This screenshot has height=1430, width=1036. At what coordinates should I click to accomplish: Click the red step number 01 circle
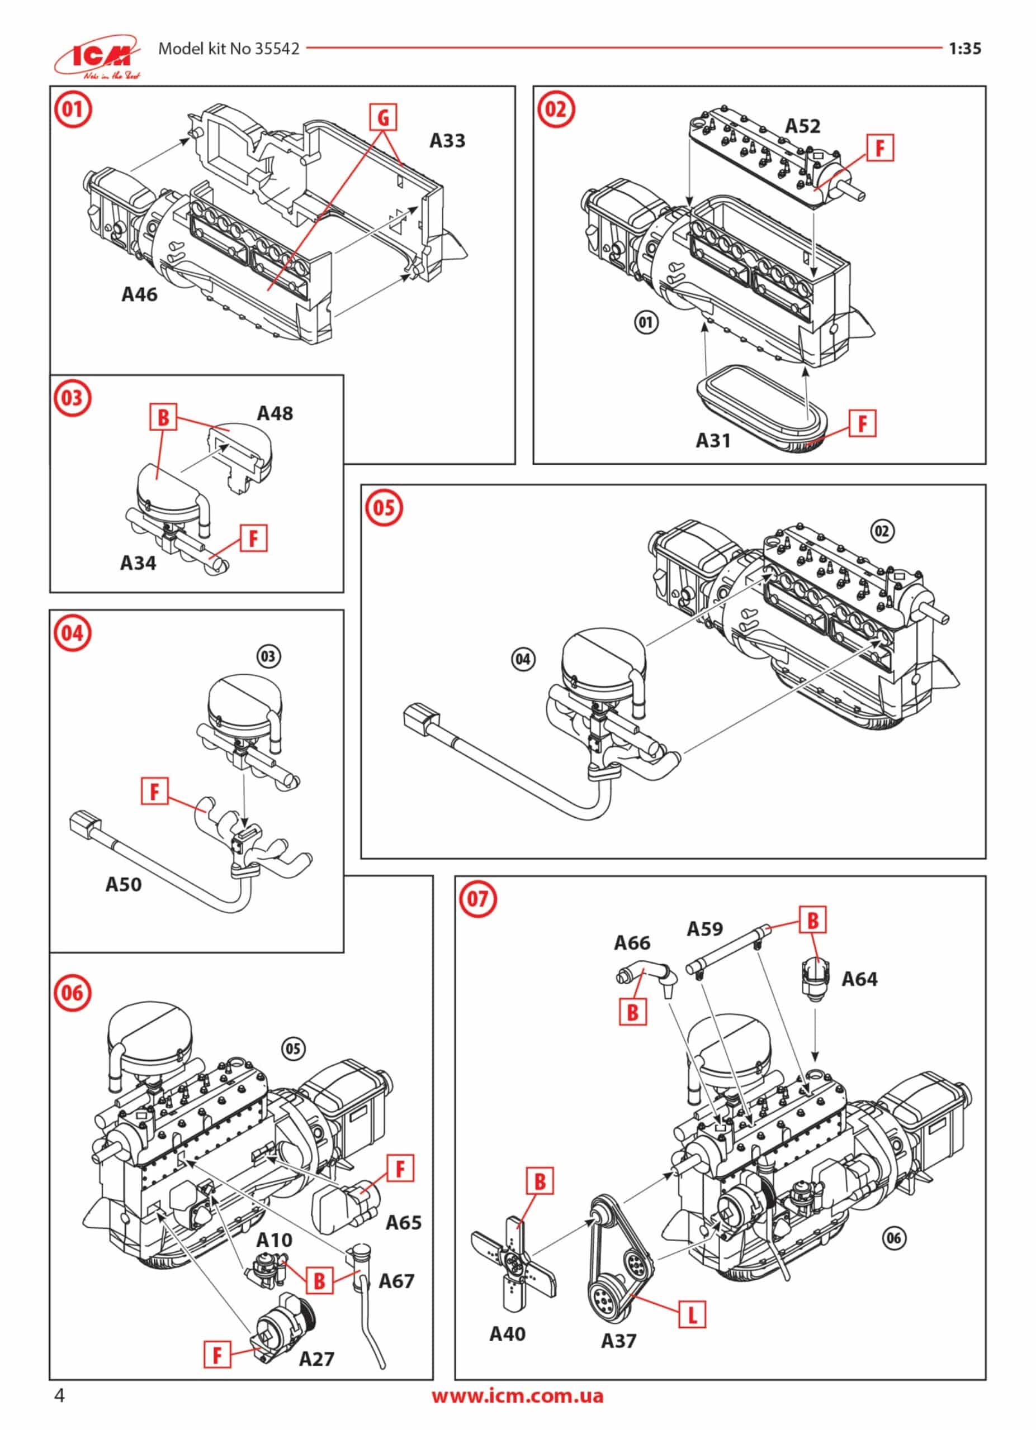[72, 109]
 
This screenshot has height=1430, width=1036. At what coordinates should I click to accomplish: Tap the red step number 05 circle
[384, 508]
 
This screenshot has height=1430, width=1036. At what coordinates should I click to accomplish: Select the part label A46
[139, 294]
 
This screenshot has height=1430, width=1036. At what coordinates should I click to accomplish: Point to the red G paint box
[384, 117]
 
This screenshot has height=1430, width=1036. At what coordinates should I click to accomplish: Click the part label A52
[802, 126]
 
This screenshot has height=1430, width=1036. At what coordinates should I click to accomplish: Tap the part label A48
[275, 413]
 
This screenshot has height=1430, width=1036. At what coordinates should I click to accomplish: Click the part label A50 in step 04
[123, 885]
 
